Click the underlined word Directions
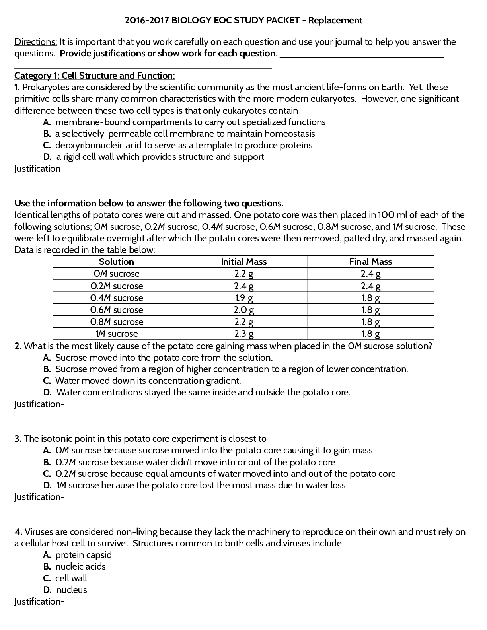[x=36, y=42]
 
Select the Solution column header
[x=116, y=262]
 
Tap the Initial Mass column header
[x=243, y=262]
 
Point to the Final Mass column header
[x=370, y=262]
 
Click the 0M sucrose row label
[x=116, y=274]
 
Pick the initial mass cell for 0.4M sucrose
[x=243, y=298]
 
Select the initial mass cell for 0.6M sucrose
[x=243, y=310]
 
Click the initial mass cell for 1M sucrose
[x=243, y=334]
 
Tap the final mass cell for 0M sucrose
[x=370, y=274]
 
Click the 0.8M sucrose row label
[x=116, y=322]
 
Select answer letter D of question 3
[x=47, y=485]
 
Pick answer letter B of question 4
[x=47, y=566]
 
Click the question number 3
[x=18, y=439]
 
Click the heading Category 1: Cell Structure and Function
[x=94, y=76]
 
